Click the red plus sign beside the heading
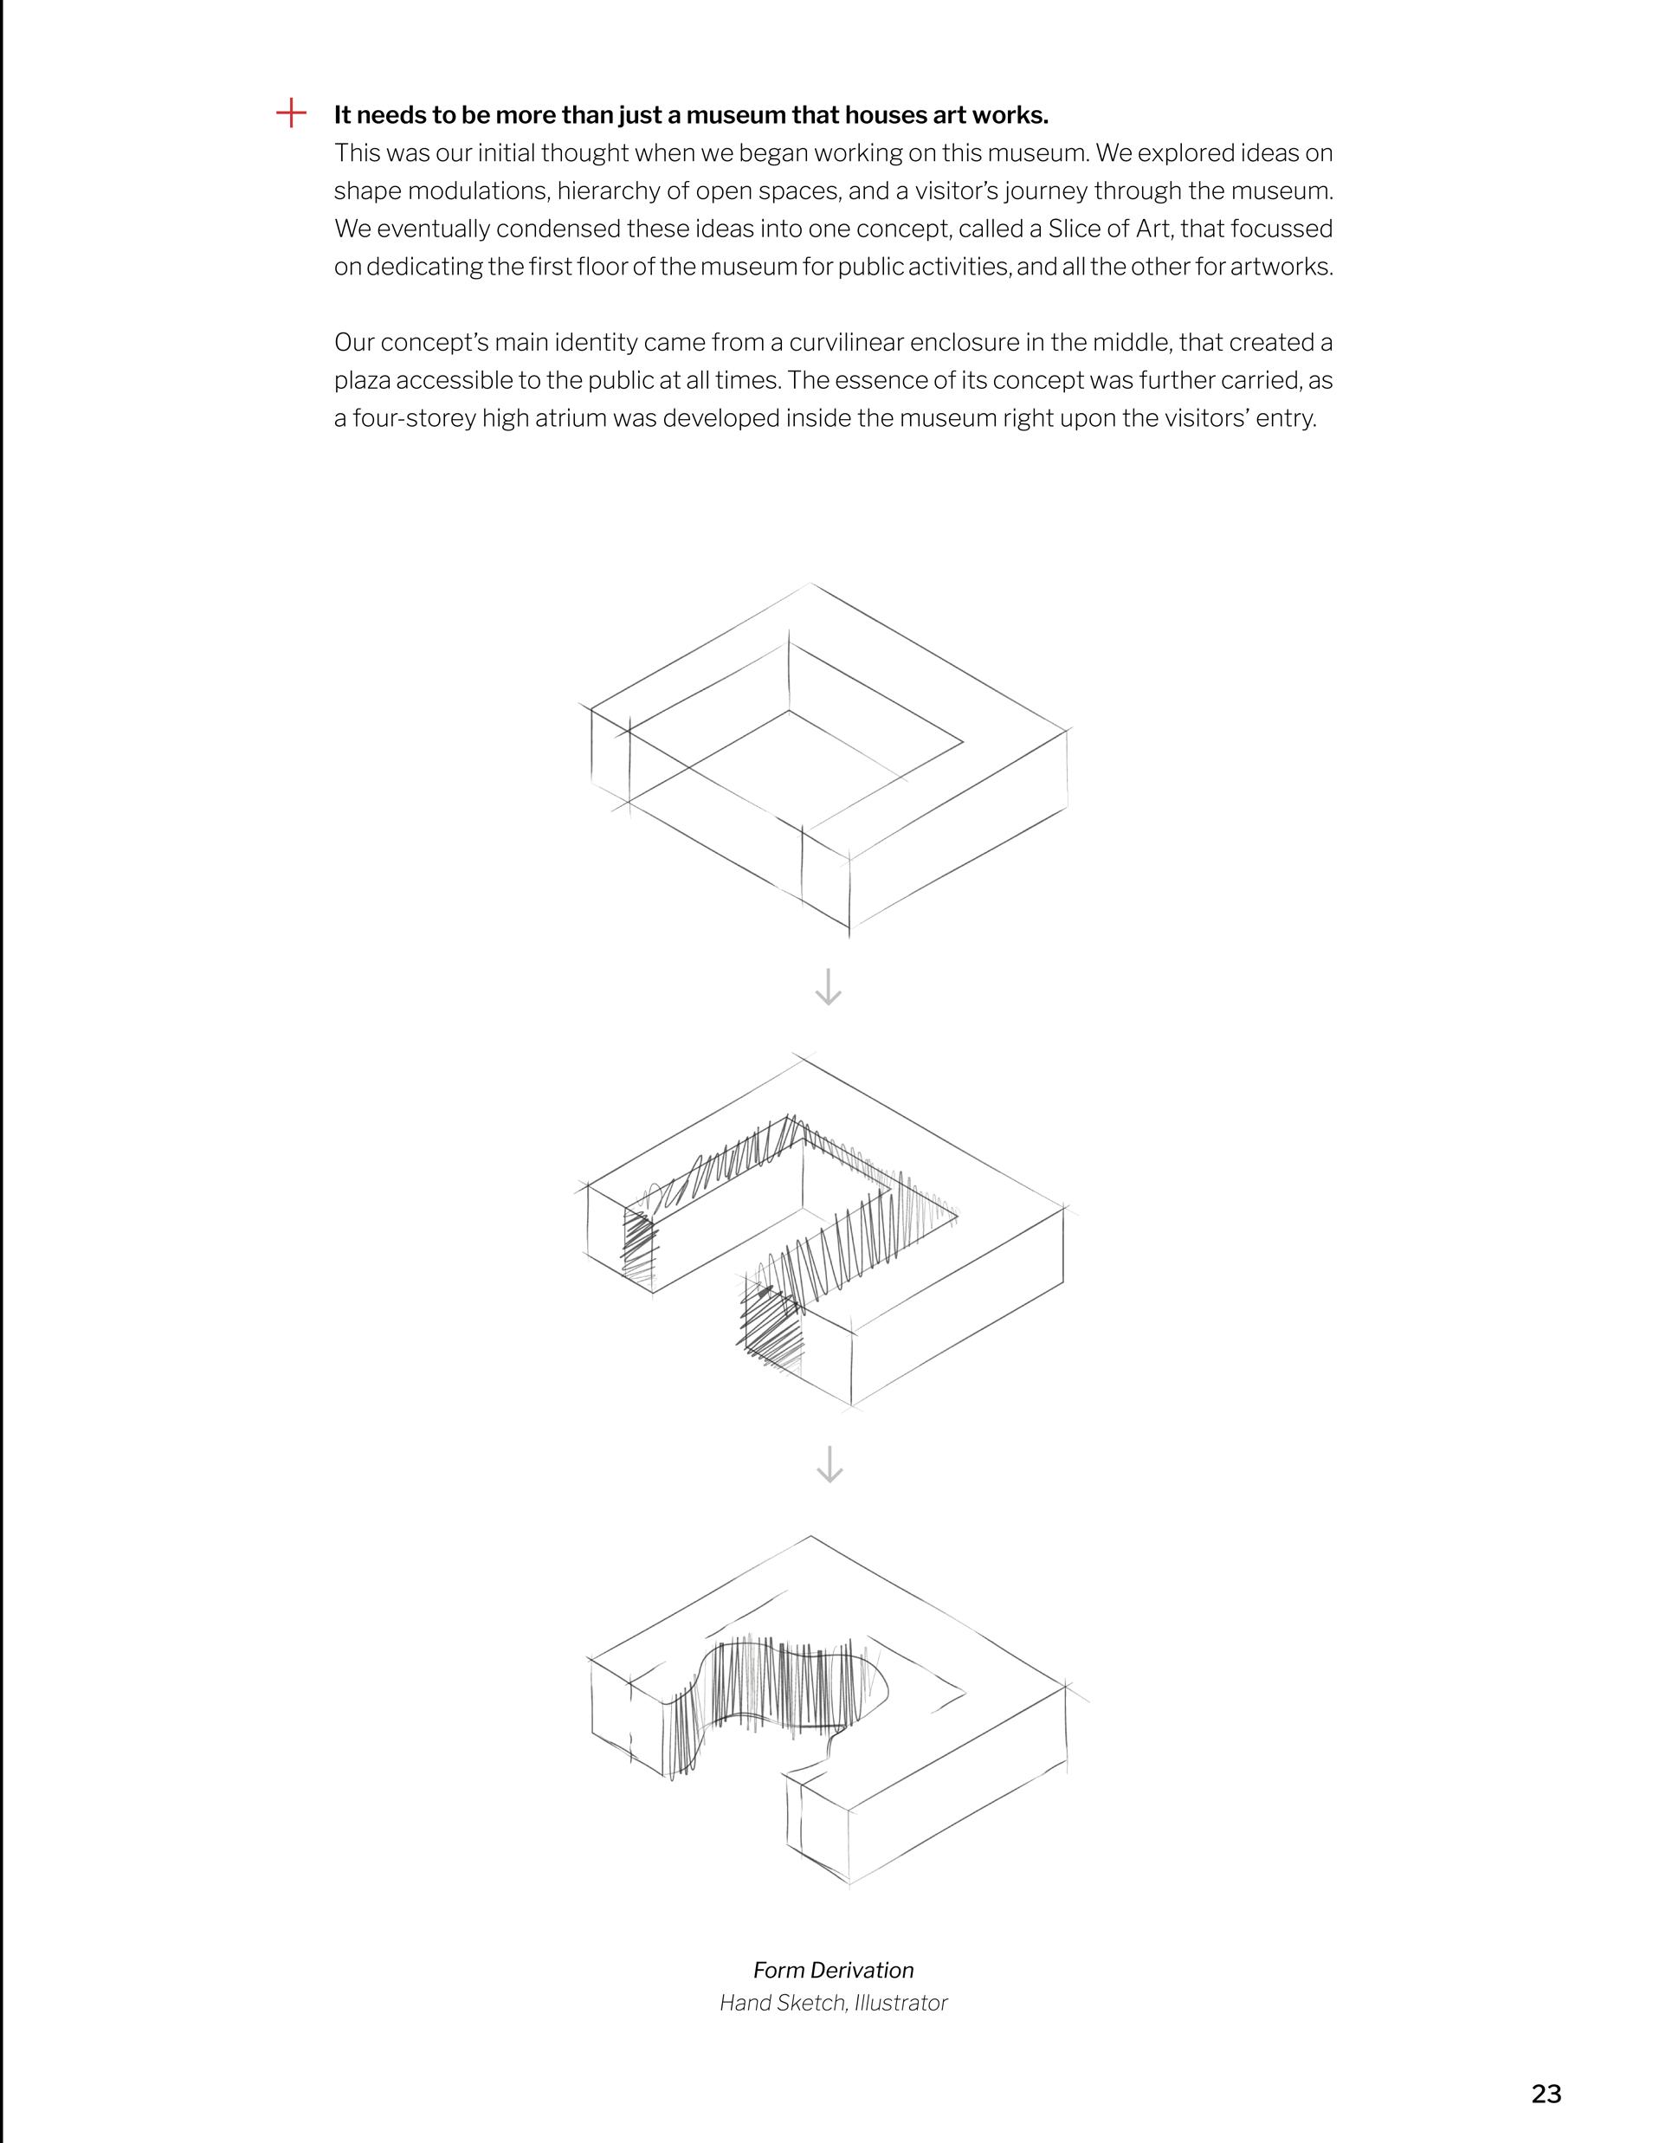pyautogui.click(x=290, y=113)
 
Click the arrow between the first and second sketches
pyautogui.click(x=829, y=987)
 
